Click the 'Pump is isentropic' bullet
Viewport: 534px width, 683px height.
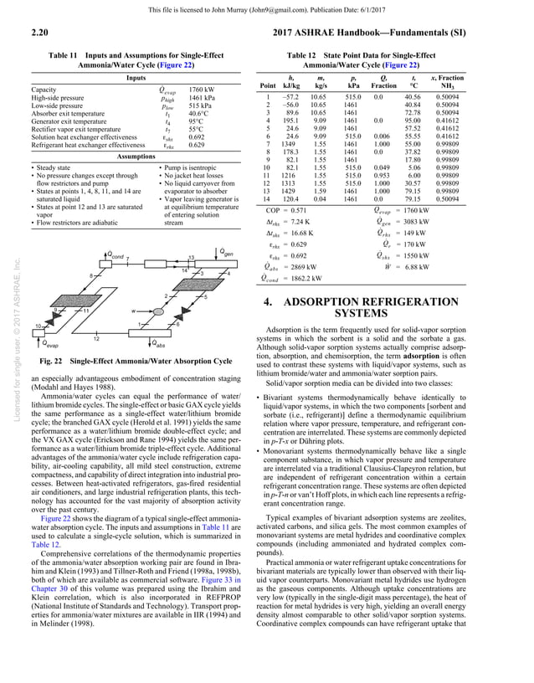182,168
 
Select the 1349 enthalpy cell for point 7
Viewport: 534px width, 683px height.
289,143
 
